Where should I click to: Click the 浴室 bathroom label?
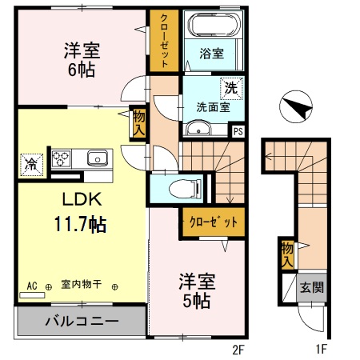pyautogui.click(x=212, y=54)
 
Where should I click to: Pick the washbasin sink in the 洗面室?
pyautogui.click(x=197, y=129)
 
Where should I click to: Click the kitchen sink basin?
pyautogui.click(x=97, y=157)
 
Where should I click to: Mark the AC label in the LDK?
pyautogui.click(x=32, y=285)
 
